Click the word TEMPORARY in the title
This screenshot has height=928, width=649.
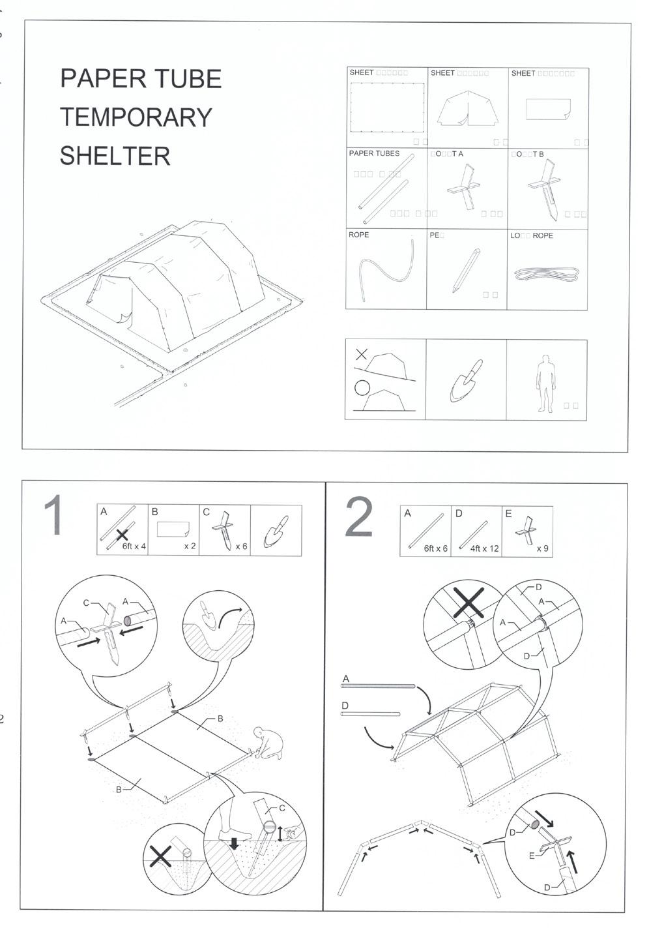(136, 117)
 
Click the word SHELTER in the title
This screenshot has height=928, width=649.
(115, 156)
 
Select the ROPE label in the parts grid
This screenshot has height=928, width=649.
(358, 235)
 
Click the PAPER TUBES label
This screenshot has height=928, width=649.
(374, 153)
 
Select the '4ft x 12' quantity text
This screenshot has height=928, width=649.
(484, 548)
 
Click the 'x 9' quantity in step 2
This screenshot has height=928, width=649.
(542, 548)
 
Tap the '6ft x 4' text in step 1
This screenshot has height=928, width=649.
(134, 546)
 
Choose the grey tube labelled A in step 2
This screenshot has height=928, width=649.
(379, 686)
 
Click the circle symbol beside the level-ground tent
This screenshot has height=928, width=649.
(362, 389)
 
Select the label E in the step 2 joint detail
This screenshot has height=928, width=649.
(532, 856)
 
